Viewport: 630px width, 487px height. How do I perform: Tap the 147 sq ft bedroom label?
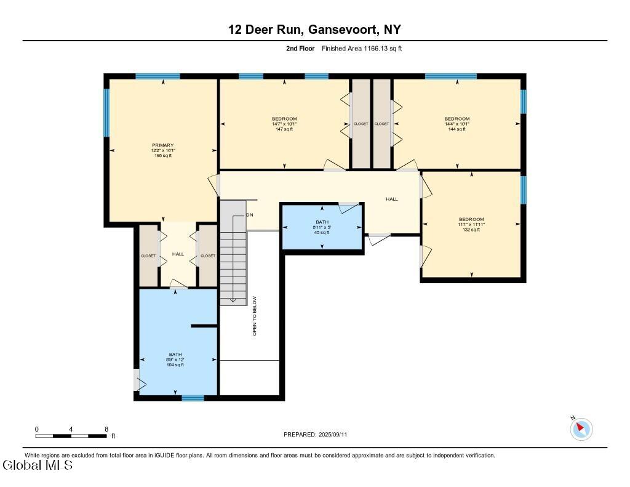pos(284,124)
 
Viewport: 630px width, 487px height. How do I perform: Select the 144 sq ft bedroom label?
pos(457,124)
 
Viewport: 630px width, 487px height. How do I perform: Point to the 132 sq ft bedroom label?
pos(471,224)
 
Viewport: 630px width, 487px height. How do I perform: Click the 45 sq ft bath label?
pos(322,227)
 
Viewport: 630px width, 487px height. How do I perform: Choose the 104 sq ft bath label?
pos(175,360)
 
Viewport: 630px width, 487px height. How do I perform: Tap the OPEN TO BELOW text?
pos(254,316)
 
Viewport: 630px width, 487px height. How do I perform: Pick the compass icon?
pos(581,429)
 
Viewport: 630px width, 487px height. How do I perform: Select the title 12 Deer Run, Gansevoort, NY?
pos(314,30)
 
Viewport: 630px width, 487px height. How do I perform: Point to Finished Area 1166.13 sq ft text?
pos(362,49)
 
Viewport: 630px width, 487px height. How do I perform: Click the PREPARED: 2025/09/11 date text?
pos(315,434)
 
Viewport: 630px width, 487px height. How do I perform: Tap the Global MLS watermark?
pos(38,465)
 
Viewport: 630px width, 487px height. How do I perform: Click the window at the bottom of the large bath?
pos(193,398)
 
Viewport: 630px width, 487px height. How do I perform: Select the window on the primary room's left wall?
pos(106,113)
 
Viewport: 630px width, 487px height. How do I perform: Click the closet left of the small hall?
pos(148,256)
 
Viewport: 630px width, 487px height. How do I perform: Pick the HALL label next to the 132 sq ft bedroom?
pos(392,199)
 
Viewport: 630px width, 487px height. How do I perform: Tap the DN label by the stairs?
pos(250,215)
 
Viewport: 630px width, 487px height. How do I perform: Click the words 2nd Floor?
pos(300,49)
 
